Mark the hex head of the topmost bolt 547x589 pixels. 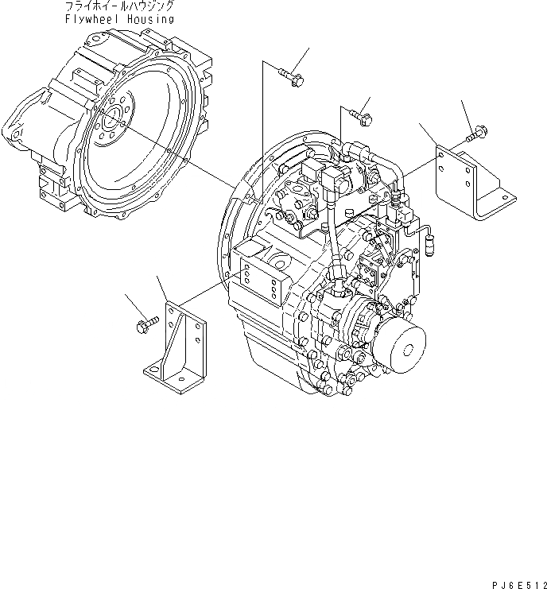297,79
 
